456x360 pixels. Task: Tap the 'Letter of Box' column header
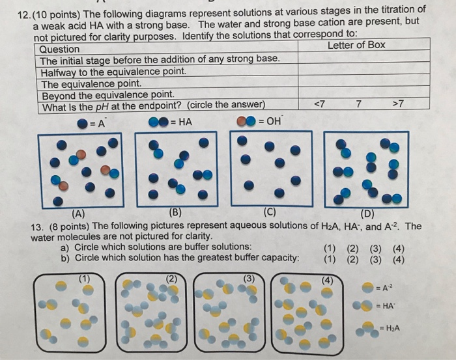(x=356, y=45)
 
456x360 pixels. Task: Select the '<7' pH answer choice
(x=319, y=104)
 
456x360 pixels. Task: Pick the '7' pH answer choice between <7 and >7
(x=358, y=104)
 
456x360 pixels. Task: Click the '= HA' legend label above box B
(x=180, y=121)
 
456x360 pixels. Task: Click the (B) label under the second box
(x=176, y=211)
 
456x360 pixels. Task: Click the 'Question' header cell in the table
(x=59, y=49)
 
